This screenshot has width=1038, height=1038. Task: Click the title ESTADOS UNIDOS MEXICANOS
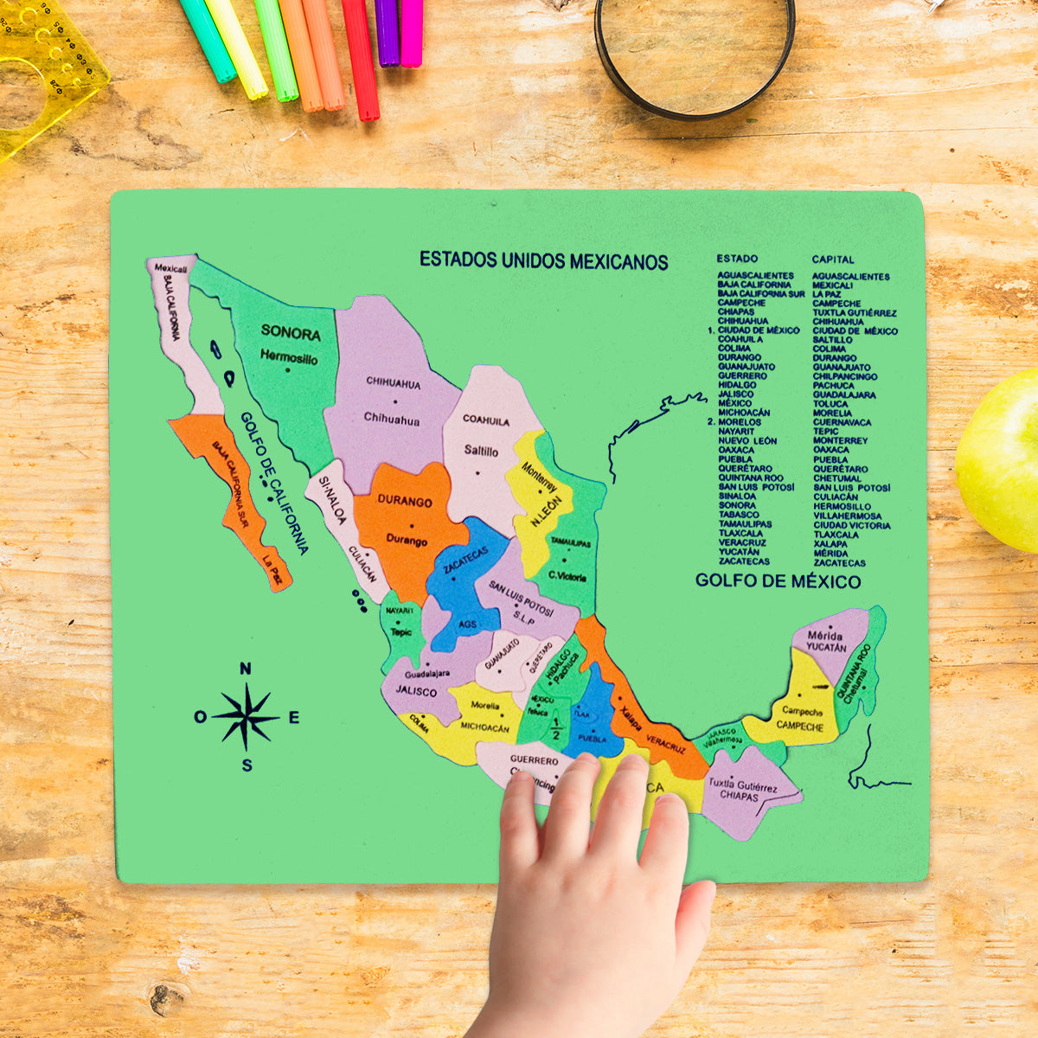point(543,260)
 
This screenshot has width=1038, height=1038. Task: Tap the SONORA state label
point(291,333)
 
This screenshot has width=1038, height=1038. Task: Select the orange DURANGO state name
point(404,502)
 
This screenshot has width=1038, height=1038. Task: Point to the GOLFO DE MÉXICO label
point(778,581)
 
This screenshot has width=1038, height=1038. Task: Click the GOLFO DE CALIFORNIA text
point(275,484)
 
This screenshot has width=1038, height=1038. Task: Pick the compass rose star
point(247,716)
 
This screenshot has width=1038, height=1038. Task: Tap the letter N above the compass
point(246,669)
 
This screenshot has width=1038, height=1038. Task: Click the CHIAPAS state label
point(739,795)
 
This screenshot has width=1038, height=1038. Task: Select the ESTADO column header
point(737,259)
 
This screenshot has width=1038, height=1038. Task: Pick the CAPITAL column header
point(832,259)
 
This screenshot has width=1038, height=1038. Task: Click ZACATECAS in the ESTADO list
point(743,561)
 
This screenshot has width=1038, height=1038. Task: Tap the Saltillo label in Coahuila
point(481,451)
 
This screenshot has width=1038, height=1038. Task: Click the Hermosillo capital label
point(289,357)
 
